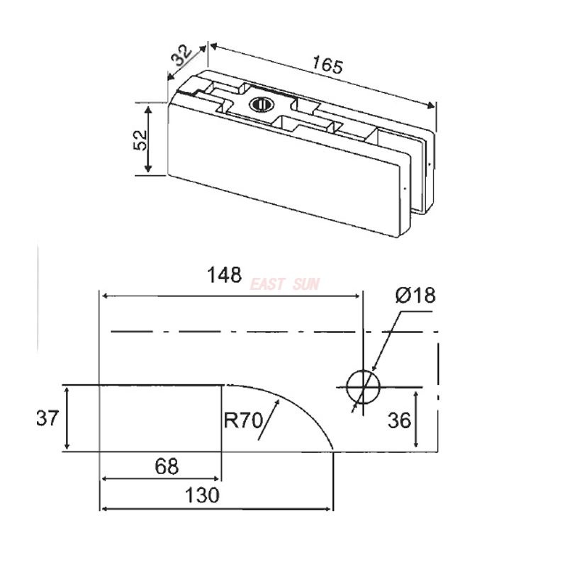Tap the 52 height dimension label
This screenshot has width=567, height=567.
(140, 138)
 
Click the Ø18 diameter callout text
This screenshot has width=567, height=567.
(415, 296)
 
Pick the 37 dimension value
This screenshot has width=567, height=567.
(47, 419)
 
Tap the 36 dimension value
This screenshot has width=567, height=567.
(399, 421)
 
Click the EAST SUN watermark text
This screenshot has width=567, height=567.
(285, 284)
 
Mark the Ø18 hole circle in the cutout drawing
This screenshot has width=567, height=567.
(363, 386)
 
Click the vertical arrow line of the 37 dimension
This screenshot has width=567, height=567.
(67, 418)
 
